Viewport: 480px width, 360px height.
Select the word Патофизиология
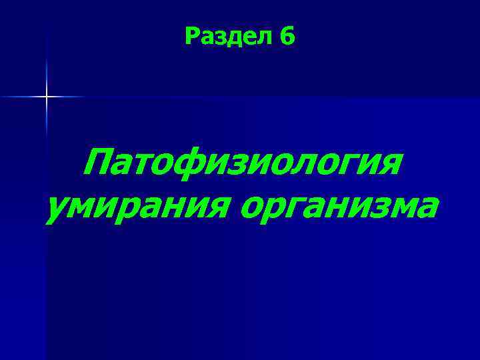(x=243, y=164)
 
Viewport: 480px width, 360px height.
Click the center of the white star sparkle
(x=47, y=97)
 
